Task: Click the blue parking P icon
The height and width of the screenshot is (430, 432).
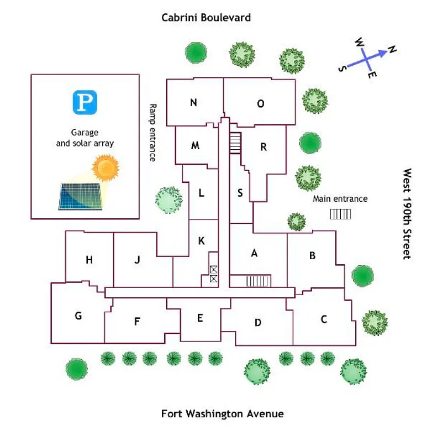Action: click(x=85, y=102)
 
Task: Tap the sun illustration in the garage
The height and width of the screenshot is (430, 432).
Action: click(x=105, y=168)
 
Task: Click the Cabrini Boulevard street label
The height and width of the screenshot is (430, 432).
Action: click(x=206, y=18)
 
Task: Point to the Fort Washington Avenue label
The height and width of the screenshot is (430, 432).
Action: click(x=222, y=413)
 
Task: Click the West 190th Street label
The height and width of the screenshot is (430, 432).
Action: click(x=407, y=214)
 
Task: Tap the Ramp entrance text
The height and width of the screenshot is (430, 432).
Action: click(x=153, y=133)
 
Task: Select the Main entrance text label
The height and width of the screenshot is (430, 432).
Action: click(x=340, y=199)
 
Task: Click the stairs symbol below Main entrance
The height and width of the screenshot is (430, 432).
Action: click(x=340, y=214)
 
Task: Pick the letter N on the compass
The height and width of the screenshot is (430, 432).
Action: click(x=392, y=50)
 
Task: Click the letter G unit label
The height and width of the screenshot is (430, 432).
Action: click(x=78, y=316)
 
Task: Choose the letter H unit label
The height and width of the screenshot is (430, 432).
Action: click(x=89, y=260)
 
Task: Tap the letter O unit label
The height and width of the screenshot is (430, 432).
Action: click(x=261, y=103)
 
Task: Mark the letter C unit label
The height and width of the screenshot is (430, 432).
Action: click(x=324, y=319)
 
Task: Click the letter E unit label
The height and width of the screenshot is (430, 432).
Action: click(x=200, y=318)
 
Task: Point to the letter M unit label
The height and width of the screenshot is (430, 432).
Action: click(x=195, y=146)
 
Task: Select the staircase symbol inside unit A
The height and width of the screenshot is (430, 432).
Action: click(x=258, y=281)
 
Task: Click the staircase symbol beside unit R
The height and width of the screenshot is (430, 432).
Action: click(x=236, y=144)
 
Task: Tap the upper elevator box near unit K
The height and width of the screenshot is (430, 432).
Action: click(x=214, y=270)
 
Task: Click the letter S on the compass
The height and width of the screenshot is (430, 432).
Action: click(x=343, y=68)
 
